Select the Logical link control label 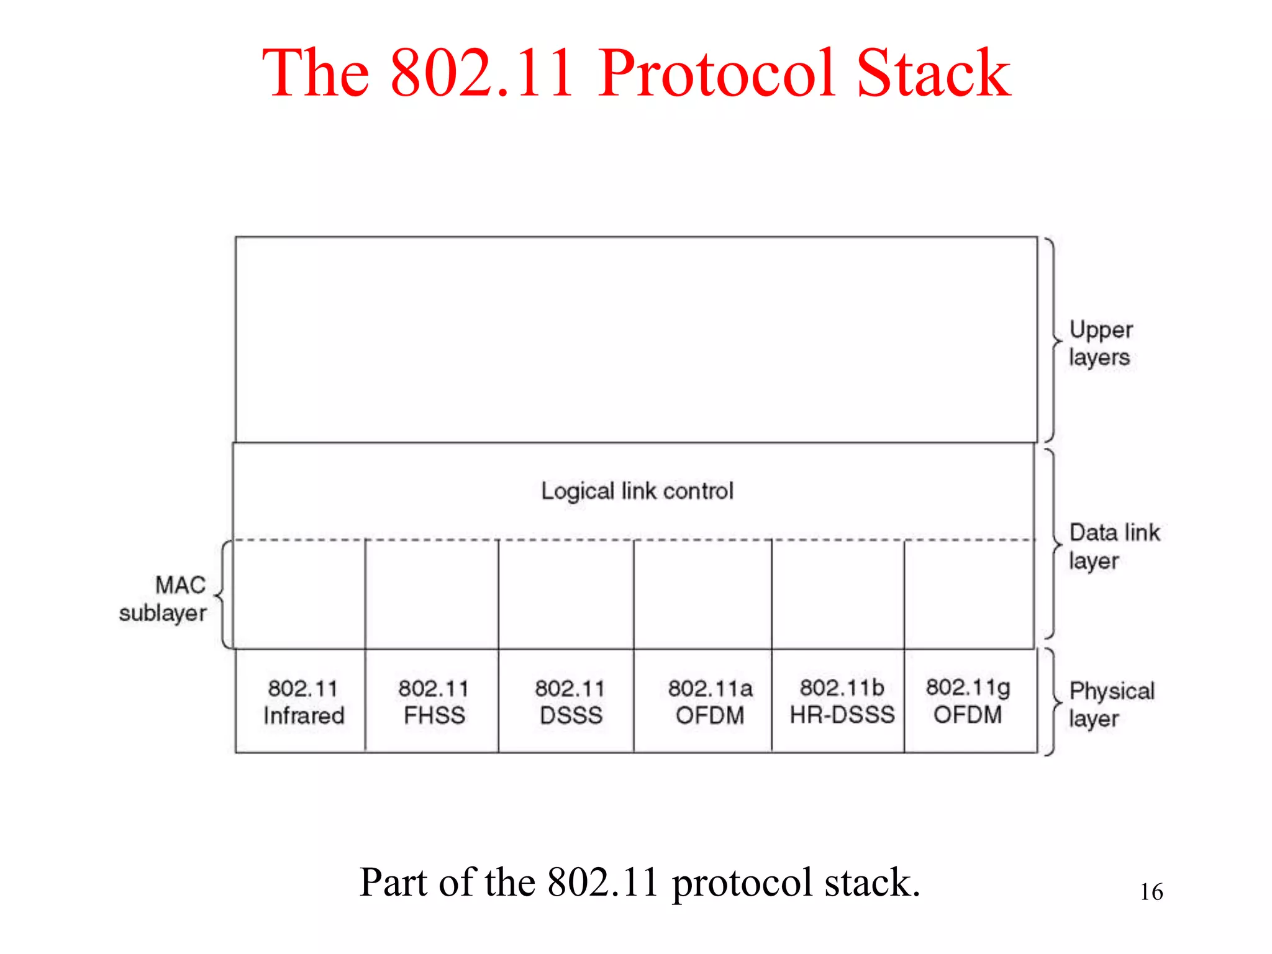(x=637, y=491)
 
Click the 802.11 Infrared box (x=302, y=702)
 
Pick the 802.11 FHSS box (x=434, y=702)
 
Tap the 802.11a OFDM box (x=709, y=702)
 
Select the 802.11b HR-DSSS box (x=842, y=702)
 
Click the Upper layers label (x=1100, y=343)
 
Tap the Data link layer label (x=1113, y=546)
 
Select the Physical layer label (x=1111, y=704)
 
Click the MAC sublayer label (x=165, y=599)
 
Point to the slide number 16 (x=1151, y=892)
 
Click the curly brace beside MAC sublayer (x=223, y=595)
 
